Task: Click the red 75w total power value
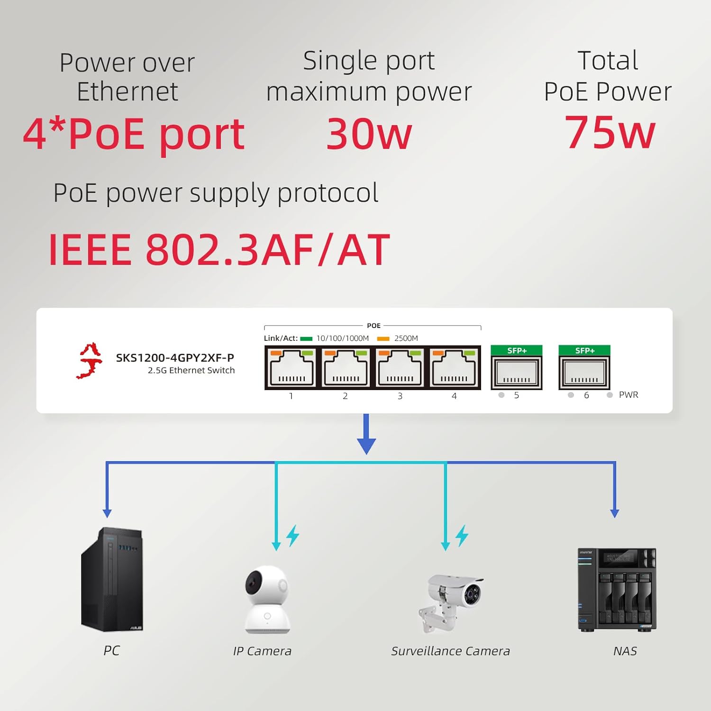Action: pyautogui.click(x=610, y=133)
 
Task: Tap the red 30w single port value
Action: pyautogui.click(x=369, y=135)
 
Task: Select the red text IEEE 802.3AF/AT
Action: pyautogui.click(x=219, y=250)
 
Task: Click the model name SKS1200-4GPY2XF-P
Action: pyautogui.click(x=175, y=358)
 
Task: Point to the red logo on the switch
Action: pyautogui.click(x=90, y=361)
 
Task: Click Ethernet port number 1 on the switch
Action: pyautogui.click(x=291, y=368)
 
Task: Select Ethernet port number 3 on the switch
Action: pyautogui.click(x=400, y=368)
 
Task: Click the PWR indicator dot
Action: pyautogui.click(x=610, y=395)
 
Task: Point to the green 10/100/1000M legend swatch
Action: pyautogui.click(x=306, y=338)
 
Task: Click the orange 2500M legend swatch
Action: pyautogui.click(x=383, y=338)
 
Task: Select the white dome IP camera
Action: pyautogui.click(x=267, y=599)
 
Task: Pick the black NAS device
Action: pyautogui.click(x=617, y=590)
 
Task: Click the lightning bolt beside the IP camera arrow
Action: pyautogui.click(x=293, y=536)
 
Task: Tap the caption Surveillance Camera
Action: pyautogui.click(x=450, y=651)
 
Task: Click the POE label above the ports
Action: pyautogui.click(x=374, y=326)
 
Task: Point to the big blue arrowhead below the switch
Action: pyautogui.click(x=366, y=446)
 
